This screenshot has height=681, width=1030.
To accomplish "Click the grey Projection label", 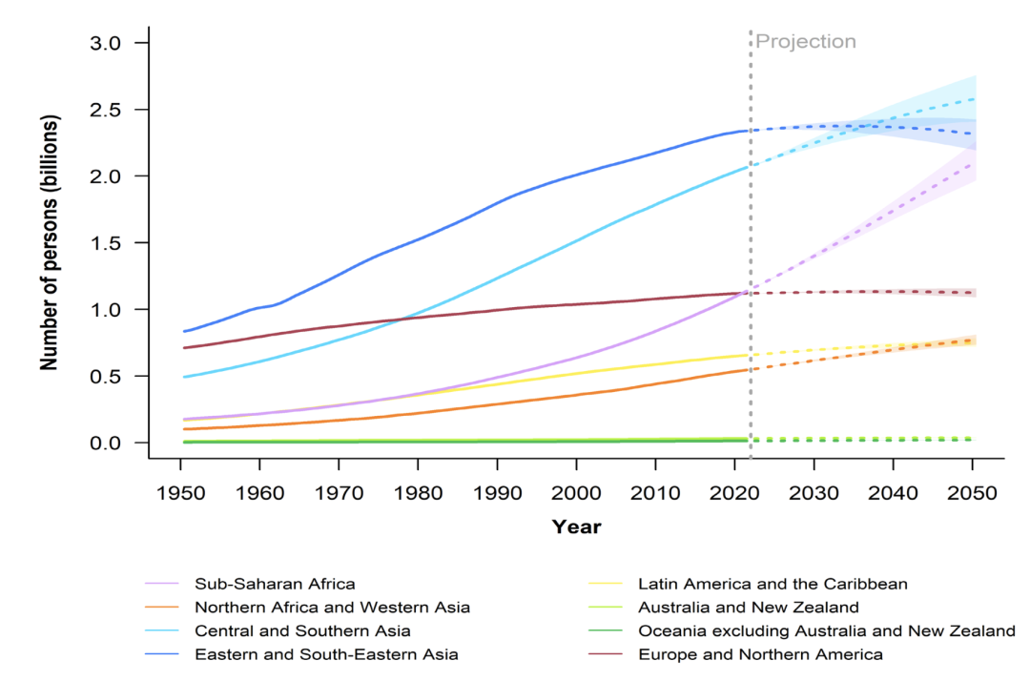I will (x=806, y=42).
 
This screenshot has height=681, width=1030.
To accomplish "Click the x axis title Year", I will (x=576, y=526).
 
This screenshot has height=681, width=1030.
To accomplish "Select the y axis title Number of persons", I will (x=49, y=243).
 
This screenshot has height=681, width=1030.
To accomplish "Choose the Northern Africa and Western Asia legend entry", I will (x=332, y=608).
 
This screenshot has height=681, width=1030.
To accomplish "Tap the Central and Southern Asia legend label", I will (x=302, y=630).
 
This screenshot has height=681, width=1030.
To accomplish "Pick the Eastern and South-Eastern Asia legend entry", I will (x=326, y=654).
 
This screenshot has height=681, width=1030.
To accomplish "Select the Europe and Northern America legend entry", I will (x=760, y=654).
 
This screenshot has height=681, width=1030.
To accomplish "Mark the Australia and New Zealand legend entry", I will (x=749, y=608).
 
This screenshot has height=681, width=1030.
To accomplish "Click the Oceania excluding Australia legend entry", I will (x=827, y=630).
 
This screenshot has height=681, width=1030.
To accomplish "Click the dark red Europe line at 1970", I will (x=339, y=326).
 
